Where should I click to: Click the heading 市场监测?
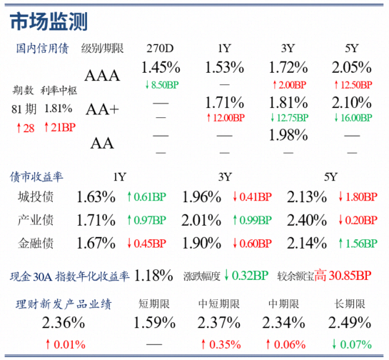tap(49, 21)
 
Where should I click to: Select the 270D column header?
tap(160, 49)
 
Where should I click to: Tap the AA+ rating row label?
tap(102, 109)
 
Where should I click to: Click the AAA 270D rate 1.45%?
tap(161, 68)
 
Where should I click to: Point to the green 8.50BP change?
tap(162, 85)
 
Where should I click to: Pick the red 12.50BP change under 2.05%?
tap(353, 85)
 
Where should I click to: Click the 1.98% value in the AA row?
tap(288, 135)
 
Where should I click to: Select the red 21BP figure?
tap(60, 127)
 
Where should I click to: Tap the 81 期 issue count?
tap(24, 109)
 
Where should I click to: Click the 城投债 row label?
tap(36, 197)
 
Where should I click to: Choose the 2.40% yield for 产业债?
tap(307, 220)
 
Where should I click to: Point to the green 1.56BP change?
tap(358, 244)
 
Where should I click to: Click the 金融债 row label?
tap(36, 244)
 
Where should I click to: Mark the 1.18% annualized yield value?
tap(153, 276)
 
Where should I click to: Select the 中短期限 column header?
tap(219, 304)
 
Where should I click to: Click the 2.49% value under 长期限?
tap(350, 323)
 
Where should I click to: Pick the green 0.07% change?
tap(353, 344)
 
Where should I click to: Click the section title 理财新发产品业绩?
tap(64, 304)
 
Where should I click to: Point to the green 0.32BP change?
tap(246, 276)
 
